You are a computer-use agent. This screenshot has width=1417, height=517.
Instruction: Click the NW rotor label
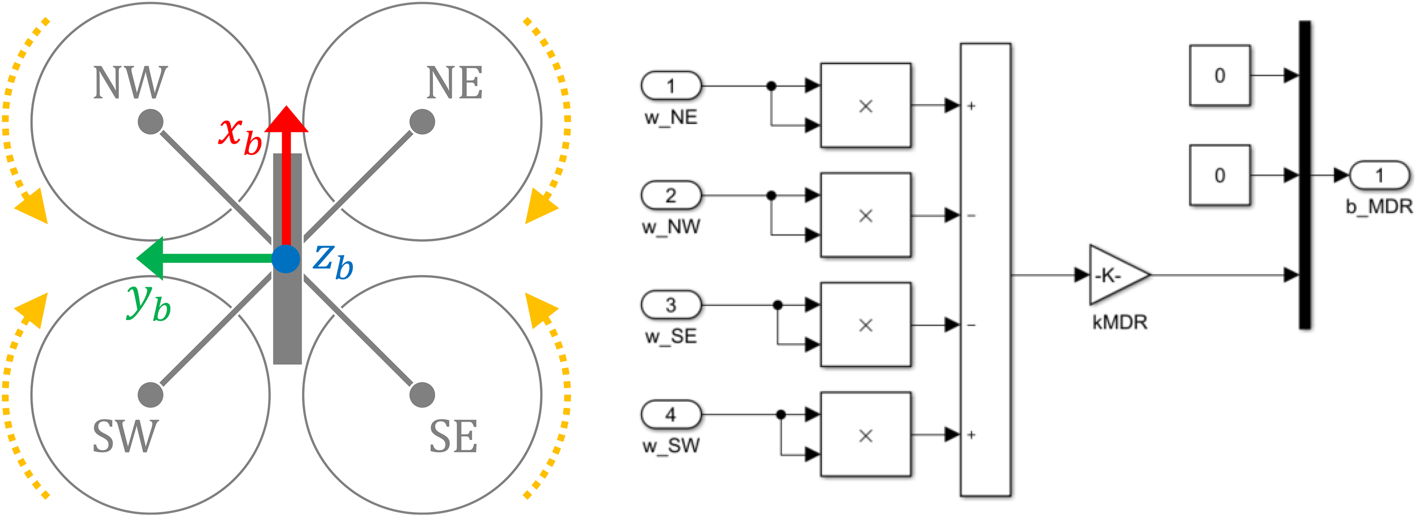130,83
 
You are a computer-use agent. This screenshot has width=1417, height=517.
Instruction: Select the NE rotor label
454,83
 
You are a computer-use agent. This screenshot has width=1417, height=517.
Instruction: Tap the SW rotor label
126,436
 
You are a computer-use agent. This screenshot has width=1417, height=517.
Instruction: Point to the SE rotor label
453,436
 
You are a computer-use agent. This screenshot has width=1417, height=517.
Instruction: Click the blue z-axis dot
285,259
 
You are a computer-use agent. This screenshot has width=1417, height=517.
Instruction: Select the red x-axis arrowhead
286,119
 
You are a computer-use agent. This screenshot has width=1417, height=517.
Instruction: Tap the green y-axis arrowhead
149,258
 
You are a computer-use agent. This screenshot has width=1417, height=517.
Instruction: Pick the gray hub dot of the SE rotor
423,395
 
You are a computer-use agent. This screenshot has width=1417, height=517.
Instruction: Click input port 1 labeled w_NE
671,86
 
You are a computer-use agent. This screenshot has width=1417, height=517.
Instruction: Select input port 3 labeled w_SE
671,305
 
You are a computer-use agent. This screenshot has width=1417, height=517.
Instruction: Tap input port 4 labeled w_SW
671,414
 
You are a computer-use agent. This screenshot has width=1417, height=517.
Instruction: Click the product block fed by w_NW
866,215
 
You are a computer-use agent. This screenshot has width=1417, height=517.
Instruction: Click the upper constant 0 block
1220,75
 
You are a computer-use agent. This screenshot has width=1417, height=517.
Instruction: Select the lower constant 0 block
1220,175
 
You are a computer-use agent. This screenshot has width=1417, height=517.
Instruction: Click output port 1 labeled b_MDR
1380,175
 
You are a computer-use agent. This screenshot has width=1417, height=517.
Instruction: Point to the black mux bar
1305,175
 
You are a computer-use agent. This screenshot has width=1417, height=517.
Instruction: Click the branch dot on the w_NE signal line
771,86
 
